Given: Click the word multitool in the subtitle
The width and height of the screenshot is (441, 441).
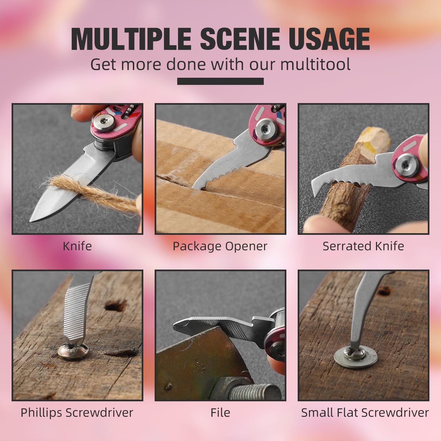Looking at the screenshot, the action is pos(316,64).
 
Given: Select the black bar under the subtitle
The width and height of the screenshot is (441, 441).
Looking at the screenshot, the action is pos(220,81).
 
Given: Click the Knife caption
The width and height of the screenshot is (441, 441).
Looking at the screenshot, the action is pos(77,246).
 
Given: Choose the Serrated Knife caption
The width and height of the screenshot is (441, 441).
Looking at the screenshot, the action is pos(363,246).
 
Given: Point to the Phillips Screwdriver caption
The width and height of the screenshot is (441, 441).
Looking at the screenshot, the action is pos(77,413).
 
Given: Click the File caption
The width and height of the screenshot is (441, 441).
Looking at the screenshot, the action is pos(220,413).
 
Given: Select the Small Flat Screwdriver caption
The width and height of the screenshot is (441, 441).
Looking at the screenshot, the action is pos(365,413).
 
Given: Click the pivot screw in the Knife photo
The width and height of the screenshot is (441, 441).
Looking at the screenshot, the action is pos(104,122).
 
